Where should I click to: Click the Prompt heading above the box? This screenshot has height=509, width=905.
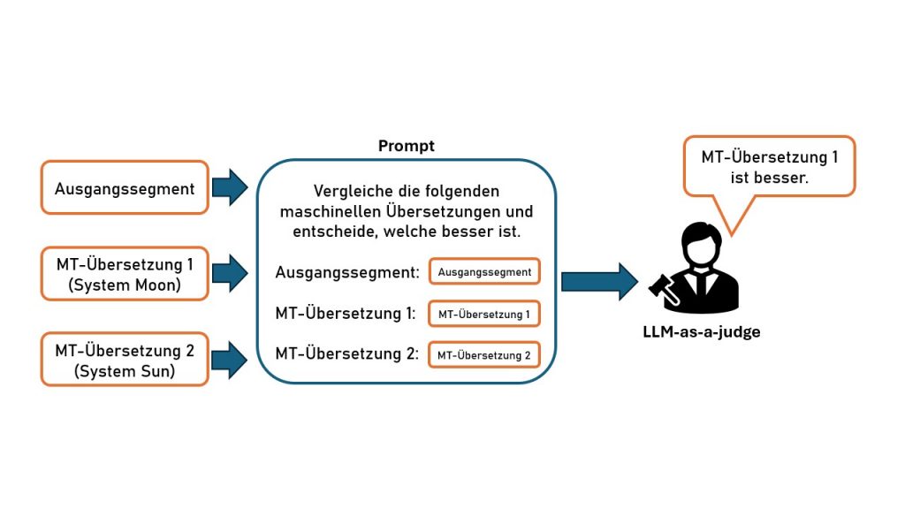407,146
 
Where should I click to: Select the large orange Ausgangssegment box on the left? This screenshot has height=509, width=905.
125,187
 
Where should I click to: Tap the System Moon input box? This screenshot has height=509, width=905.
125,273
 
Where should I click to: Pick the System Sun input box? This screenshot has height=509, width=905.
125,360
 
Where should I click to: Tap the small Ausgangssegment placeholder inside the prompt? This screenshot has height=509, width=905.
484,272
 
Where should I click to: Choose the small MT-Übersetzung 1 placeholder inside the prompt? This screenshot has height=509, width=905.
484,314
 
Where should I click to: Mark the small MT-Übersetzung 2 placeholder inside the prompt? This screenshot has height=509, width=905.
484,355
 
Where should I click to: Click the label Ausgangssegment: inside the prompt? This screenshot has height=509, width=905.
346,272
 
